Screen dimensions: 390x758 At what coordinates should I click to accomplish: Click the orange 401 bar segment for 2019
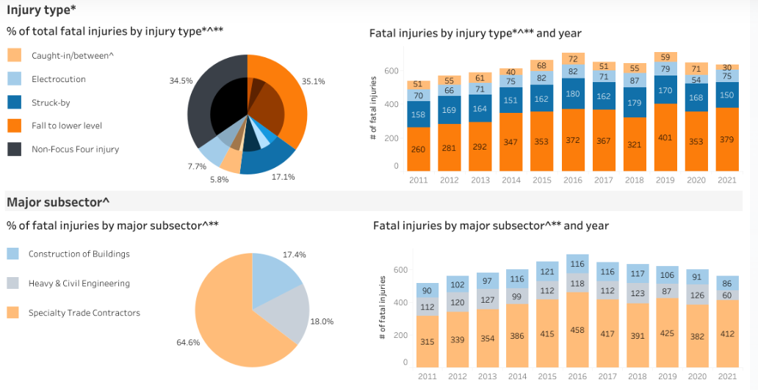[665, 137]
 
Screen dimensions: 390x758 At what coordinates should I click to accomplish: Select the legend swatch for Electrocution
[14, 79]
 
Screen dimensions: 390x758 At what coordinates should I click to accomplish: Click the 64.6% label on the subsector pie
[189, 342]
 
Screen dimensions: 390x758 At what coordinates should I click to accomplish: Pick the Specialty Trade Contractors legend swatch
[13, 313]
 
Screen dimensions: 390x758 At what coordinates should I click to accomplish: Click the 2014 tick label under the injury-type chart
[510, 180]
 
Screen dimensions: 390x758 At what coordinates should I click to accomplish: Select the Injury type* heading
[41, 10]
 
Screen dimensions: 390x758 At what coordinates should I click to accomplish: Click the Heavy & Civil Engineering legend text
[79, 284]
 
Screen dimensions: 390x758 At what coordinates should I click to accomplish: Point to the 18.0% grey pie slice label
[322, 321]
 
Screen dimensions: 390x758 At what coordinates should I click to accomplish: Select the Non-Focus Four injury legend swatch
[14, 149]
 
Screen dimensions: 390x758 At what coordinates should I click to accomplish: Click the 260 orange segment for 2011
[418, 150]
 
